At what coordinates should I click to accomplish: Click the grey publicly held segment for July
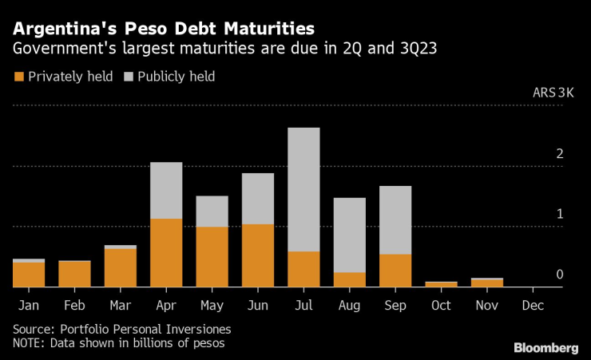(303, 189)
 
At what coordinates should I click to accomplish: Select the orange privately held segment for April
(166, 252)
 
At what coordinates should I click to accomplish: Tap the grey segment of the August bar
(350, 235)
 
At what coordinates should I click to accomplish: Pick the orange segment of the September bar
(395, 270)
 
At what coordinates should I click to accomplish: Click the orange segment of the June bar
(257, 255)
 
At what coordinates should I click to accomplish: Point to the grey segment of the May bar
(212, 212)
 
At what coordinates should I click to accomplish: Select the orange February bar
(74, 274)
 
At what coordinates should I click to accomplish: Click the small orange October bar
(441, 283)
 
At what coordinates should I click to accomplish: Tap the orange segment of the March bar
(120, 267)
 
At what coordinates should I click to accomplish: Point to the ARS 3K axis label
(553, 93)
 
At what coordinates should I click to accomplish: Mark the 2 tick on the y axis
(560, 153)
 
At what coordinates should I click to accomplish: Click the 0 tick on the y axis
(560, 275)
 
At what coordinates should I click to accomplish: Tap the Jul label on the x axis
(303, 305)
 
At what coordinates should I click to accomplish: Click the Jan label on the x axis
(28, 305)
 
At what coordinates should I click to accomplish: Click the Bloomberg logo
(545, 347)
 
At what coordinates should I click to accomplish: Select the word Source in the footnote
(33, 329)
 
